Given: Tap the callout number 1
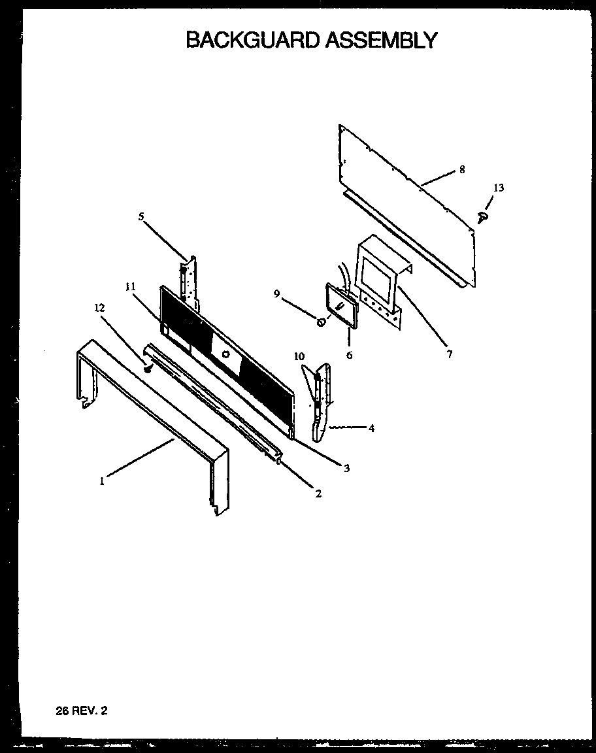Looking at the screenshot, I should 102,481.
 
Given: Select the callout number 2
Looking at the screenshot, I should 318,494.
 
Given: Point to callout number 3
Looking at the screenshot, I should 346,468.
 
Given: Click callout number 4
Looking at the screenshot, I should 371,429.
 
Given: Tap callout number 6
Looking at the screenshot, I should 349,356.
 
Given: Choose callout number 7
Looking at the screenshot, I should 449,354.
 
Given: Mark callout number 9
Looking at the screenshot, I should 277,294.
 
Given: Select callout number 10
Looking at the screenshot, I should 299,356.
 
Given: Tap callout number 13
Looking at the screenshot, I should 498,188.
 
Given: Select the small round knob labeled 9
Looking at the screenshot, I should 321,322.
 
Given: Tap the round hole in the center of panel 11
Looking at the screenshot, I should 225,354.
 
